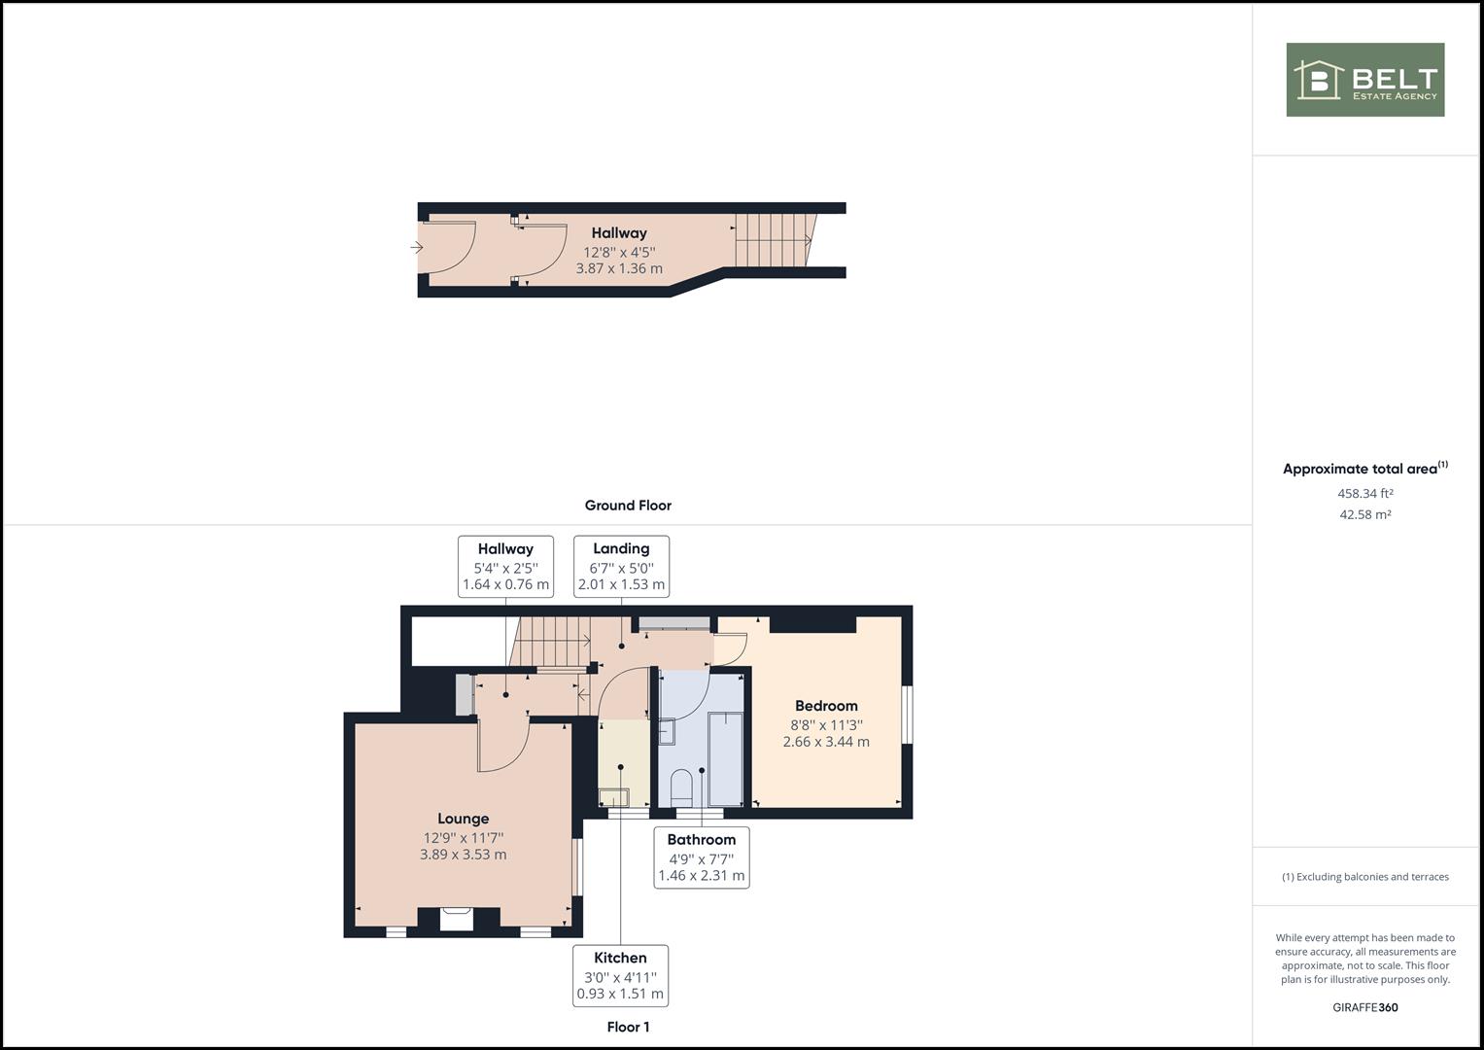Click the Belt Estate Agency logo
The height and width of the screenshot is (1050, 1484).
point(1365,80)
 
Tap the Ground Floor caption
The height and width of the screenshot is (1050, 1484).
point(628,506)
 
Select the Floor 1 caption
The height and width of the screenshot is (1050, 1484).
point(628,1027)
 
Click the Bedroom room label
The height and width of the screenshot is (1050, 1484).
point(826,706)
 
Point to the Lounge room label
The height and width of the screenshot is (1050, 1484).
point(464,820)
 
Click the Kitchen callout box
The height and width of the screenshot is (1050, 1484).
point(620,976)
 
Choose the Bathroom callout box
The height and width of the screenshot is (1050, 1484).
point(702,857)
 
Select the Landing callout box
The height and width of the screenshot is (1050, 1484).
point(621,567)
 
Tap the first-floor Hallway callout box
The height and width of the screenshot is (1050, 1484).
point(505,567)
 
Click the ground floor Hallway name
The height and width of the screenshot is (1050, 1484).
point(619,233)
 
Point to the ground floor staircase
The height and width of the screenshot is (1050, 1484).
point(774,239)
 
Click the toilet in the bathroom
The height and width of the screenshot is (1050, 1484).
point(681,787)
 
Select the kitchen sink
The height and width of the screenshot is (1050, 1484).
point(613,796)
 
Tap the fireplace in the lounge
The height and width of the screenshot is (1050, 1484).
point(457,919)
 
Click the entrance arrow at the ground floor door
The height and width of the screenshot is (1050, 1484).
point(417,247)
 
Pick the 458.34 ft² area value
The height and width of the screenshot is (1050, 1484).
point(1365,493)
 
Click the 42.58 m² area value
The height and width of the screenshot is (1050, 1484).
point(1365,514)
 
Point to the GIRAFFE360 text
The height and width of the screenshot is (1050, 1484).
point(1365,1007)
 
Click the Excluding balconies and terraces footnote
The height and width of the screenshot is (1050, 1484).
point(1365,877)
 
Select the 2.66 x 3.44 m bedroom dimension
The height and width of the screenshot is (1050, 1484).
point(826,742)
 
